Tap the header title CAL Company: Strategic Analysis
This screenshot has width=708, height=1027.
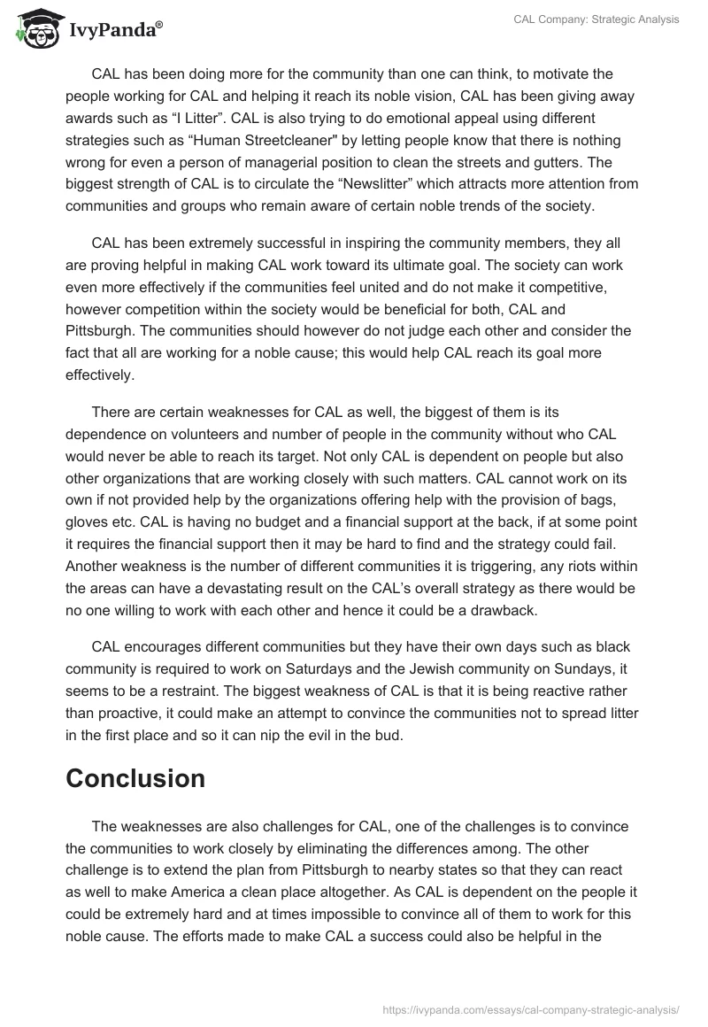coord(596,19)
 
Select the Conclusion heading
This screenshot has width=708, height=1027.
coord(135,778)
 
